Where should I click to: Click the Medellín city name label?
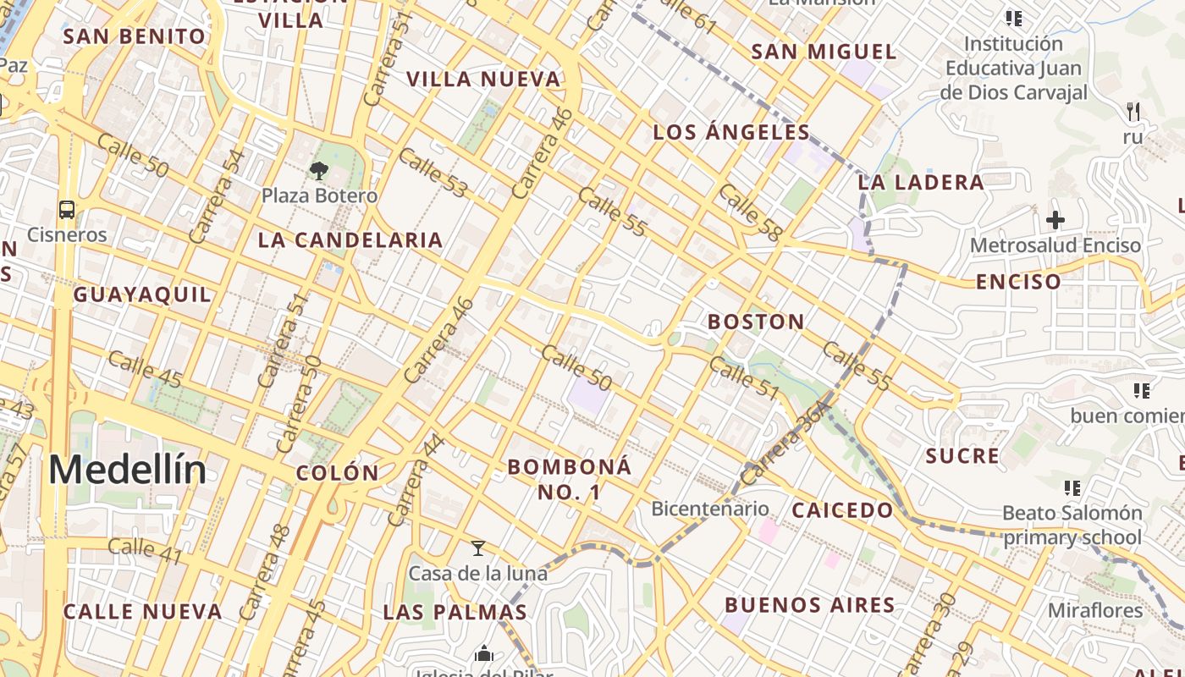[127, 470]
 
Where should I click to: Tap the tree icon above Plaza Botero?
[318, 172]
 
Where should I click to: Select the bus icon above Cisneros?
[67, 209]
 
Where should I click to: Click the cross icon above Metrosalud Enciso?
[1055, 220]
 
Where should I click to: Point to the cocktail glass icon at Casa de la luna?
[478, 548]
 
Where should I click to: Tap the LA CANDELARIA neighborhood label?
[350, 239]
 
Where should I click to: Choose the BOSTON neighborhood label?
[756, 322]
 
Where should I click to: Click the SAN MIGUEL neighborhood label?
[824, 52]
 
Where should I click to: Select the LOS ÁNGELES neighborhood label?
[732, 132]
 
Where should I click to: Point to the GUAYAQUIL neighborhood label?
[142, 294]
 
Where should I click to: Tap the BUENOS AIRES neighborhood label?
[810, 605]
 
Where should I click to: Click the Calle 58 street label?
[748, 213]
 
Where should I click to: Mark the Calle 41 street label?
[146, 550]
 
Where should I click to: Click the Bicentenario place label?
[709, 509]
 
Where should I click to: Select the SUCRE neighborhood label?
[962, 456]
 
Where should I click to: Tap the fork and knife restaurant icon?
[1133, 111]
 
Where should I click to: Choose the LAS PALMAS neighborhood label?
[455, 612]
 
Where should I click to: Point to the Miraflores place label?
[1095, 610]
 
